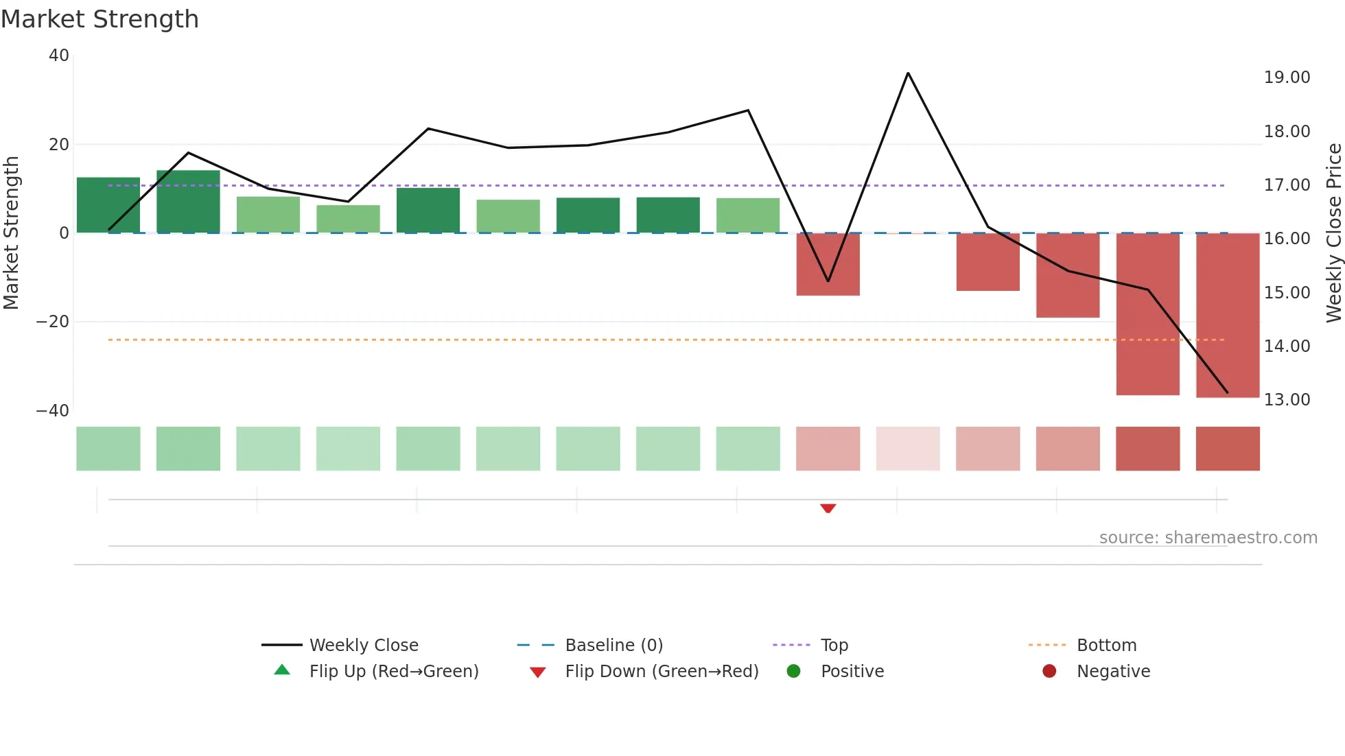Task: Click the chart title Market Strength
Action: (100, 19)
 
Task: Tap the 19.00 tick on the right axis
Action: (1287, 78)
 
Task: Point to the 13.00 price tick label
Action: (1287, 400)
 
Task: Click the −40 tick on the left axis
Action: (53, 411)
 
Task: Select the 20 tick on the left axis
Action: (59, 145)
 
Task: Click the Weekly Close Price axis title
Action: (1333, 233)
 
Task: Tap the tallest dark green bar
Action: (188, 202)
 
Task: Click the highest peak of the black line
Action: (908, 73)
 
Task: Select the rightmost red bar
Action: (1227, 316)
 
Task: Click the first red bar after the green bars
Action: (828, 265)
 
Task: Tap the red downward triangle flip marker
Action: (828, 508)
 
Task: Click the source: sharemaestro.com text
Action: (1208, 538)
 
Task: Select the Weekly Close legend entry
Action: (363, 646)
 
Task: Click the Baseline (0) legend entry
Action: (613, 646)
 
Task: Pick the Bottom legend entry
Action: (1106, 646)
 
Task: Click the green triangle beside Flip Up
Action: (282, 670)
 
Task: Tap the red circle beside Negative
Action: (1049, 671)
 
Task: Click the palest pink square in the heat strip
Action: (908, 449)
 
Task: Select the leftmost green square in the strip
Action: (108, 449)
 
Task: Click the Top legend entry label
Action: (834, 646)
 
